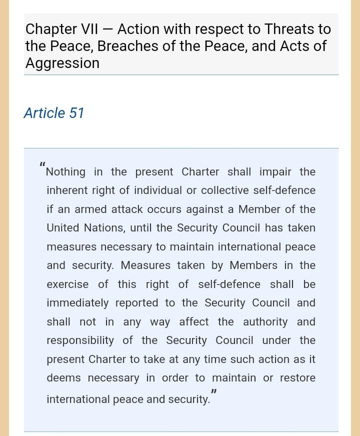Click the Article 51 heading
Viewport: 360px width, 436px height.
click(x=53, y=113)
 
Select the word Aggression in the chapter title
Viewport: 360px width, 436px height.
click(x=62, y=63)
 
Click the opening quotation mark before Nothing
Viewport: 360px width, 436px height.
click(x=42, y=164)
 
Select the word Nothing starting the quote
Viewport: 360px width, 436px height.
click(x=66, y=172)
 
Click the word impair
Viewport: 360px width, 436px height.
click(x=275, y=172)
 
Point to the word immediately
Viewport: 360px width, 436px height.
click(x=77, y=303)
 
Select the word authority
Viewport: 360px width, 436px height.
click(x=265, y=322)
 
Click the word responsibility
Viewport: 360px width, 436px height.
click(x=80, y=340)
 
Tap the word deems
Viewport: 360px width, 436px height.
click(x=63, y=378)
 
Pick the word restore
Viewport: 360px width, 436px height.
click(x=297, y=378)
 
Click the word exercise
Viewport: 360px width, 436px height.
click(x=67, y=284)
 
